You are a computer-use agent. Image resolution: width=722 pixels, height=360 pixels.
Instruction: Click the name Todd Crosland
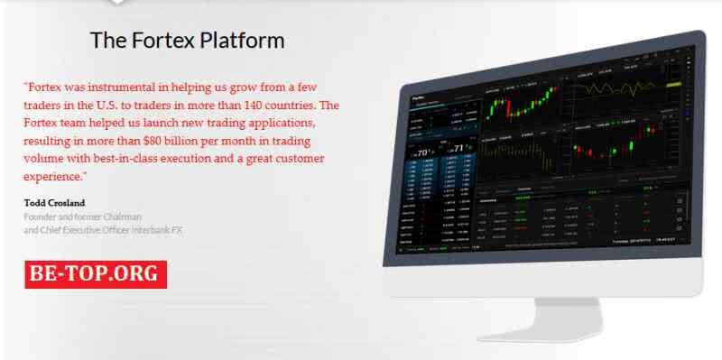tap(55, 203)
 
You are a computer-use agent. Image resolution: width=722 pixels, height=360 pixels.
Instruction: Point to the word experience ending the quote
tap(52, 176)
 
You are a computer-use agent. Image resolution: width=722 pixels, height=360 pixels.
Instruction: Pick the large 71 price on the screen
tap(461, 149)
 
